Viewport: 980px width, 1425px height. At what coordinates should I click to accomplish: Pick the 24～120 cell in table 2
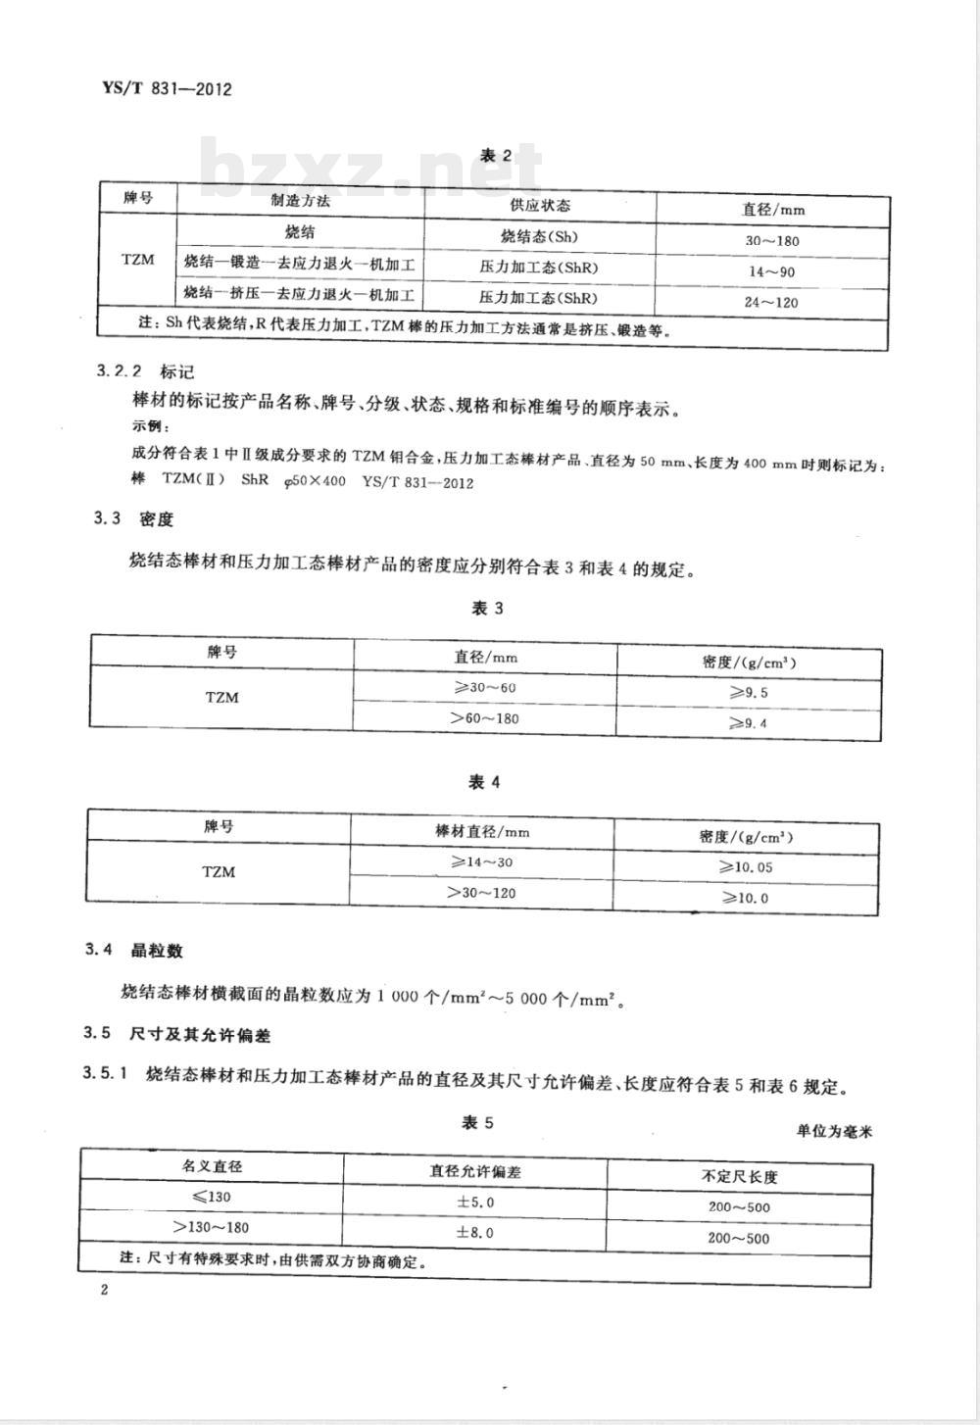pos(771,302)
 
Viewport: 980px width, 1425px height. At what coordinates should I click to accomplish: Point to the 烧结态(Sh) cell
pos(539,236)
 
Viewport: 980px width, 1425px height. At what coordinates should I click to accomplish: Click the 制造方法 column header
pos(300,201)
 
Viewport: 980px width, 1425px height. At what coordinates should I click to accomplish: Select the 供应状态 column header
pos(540,205)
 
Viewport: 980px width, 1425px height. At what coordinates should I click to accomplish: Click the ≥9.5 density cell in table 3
pos(748,693)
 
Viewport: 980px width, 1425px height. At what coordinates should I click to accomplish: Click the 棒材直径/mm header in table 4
pos(482,831)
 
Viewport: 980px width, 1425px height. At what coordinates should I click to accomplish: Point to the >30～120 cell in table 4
pos(481,893)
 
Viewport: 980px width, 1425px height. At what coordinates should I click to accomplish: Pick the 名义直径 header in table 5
pos(212,1166)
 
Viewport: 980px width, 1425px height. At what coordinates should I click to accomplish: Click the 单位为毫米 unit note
pos(834,1130)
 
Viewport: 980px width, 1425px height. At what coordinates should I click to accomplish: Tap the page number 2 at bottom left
pos(104,1290)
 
